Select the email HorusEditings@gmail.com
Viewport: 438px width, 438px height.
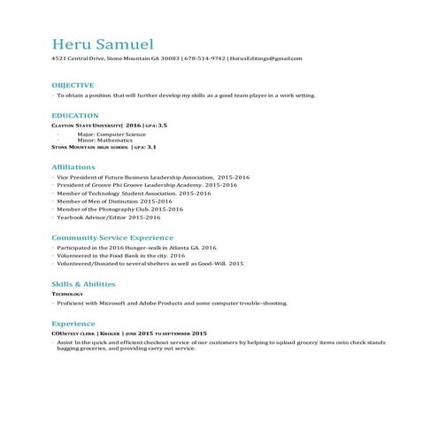coord(265,58)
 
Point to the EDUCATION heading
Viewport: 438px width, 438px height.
coord(74,116)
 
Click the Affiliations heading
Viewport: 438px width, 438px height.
coord(74,167)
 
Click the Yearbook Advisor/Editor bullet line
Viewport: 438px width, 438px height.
coord(103,217)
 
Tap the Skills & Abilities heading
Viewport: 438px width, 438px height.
coord(83,283)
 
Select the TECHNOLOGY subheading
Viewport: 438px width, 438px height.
coord(68,293)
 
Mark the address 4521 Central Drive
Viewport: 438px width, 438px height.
coord(78,58)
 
